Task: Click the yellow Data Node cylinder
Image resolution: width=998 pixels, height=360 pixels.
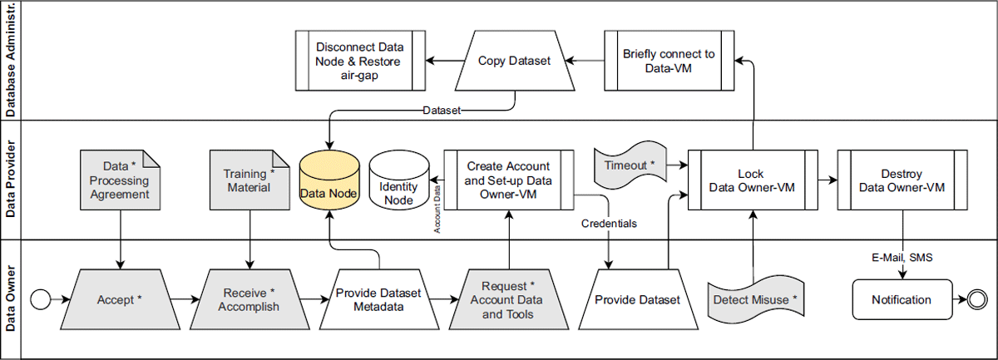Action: pyautogui.click(x=329, y=180)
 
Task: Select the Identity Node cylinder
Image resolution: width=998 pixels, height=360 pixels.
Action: pyautogui.click(x=399, y=180)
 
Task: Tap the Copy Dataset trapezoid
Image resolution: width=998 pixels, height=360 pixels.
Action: pyautogui.click(x=515, y=61)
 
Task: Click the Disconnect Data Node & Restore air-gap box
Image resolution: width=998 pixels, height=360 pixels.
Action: pyautogui.click(x=360, y=61)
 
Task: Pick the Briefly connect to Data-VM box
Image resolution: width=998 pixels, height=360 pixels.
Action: pyautogui.click(x=669, y=61)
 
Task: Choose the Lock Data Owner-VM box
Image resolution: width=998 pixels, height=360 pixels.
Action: pyautogui.click(x=753, y=180)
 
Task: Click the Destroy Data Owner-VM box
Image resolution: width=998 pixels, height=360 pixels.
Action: pyautogui.click(x=902, y=180)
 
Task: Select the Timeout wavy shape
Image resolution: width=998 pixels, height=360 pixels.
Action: pyautogui.click(x=630, y=165)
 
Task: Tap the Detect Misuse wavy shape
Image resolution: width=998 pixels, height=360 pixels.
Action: pyautogui.click(x=756, y=299)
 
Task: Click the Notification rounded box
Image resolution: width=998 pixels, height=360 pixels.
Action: pyautogui.click(x=902, y=299)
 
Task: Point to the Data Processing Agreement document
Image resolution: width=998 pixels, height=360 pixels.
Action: pyautogui.click(x=121, y=180)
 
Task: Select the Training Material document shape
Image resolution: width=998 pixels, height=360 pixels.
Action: pyautogui.click(x=249, y=180)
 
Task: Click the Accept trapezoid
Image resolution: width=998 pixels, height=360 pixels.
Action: pyautogui.click(x=121, y=299)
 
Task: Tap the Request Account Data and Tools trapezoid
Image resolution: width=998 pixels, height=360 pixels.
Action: pyautogui.click(x=509, y=299)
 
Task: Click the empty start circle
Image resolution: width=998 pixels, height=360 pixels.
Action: pyautogui.click(x=41, y=299)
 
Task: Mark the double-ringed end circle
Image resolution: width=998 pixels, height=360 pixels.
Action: pyautogui.click(x=977, y=299)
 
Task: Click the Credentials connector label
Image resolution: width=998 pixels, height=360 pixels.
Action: pyautogui.click(x=609, y=224)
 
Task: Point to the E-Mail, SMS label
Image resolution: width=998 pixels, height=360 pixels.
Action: pyautogui.click(x=902, y=258)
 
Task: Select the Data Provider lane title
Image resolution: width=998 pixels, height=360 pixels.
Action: pyautogui.click(x=10, y=179)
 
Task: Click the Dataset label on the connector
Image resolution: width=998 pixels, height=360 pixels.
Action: pyautogui.click(x=442, y=111)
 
